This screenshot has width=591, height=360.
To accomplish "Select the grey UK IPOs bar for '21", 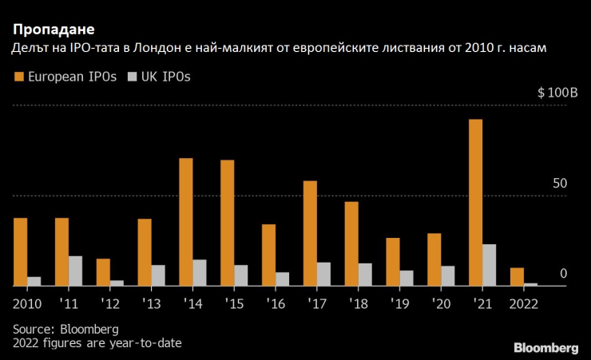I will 489,265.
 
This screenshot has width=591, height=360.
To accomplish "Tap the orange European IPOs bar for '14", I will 185,221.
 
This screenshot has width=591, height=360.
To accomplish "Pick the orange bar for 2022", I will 517,276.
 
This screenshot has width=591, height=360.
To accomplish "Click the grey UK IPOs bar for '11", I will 75,271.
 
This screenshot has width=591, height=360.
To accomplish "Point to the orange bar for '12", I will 103,271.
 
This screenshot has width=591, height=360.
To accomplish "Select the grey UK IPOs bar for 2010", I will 34,280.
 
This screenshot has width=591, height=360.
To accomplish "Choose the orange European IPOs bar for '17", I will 310,232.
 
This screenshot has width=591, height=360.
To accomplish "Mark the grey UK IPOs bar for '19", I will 407,277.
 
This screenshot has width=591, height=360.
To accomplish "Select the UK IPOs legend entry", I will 157,77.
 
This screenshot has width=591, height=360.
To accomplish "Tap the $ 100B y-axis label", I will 557,93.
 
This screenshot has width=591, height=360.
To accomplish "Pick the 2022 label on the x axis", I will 523,303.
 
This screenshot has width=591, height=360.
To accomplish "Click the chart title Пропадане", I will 51,32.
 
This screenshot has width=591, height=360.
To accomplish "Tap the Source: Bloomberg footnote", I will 65,329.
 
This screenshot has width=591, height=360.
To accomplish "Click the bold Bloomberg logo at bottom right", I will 545,347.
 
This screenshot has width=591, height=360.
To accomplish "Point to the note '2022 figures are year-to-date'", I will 97,343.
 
